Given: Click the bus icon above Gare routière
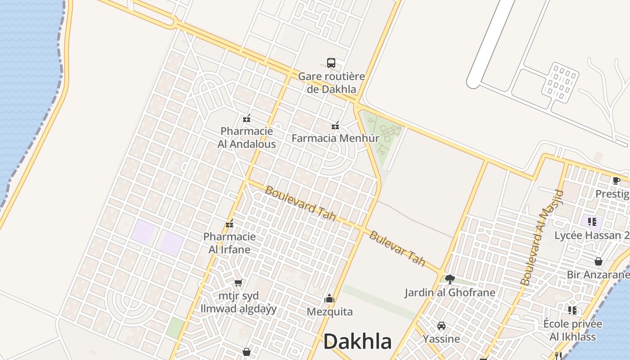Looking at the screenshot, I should pyautogui.click(x=331, y=63).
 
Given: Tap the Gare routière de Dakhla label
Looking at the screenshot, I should pyautogui.click(x=332, y=83).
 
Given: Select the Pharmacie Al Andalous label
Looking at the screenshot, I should pyautogui.click(x=247, y=138).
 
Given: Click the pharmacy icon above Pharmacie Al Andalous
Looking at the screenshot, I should pyautogui.click(x=247, y=119).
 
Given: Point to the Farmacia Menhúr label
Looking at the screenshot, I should pyautogui.click(x=335, y=138).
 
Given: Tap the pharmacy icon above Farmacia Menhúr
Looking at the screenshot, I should pyautogui.click(x=335, y=126).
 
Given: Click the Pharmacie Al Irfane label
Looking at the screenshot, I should pyautogui.click(x=229, y=243).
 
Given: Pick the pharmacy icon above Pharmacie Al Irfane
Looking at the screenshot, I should pyautogui.click(x=229, y=224).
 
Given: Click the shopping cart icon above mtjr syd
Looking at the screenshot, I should pyautogui.click(x=238, y=283).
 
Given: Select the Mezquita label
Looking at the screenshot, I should pyautogui.click(x=330, y=312).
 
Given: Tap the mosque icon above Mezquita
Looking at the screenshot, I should pyautogui.click(x=329, y=298).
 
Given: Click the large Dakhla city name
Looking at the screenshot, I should pyautogui.click(x=357, y=342).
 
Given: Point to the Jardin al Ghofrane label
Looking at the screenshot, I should pyautogui.click(x=450, y=292).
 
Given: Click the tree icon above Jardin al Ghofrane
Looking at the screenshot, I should pyautogui.click(x=450, y=279).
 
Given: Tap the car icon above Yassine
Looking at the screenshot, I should pyautogui.click(x=441, y=326).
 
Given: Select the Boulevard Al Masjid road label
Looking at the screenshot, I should pyautogui.click(x=541, y=238).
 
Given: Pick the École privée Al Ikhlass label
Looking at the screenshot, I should pyautogui.click(x=572, y=330).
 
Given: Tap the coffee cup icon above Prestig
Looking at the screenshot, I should pyautogui.click(x=616, y=181).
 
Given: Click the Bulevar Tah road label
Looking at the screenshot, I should pyautogui.click(x=397, y=248).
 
